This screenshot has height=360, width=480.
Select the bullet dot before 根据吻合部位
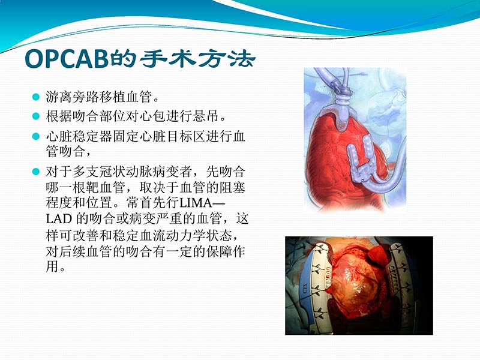tap(35, 115)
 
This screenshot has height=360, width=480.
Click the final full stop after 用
tap(64, 268)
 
